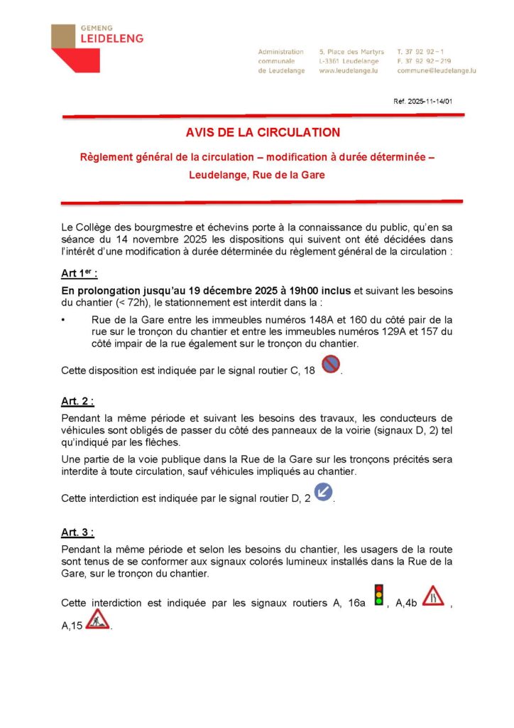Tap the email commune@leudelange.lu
click(x=436, y=71)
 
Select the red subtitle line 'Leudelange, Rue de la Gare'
click(x=256, y=175)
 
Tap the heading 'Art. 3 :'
click(x=77, y=532)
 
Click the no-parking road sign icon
click(x=330, y=365)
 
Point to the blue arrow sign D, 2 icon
click(x=323, y=492)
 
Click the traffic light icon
click(x=379, y=594)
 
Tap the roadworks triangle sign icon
click(x=97, y=619)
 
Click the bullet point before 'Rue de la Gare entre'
click(x=64, y=320)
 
